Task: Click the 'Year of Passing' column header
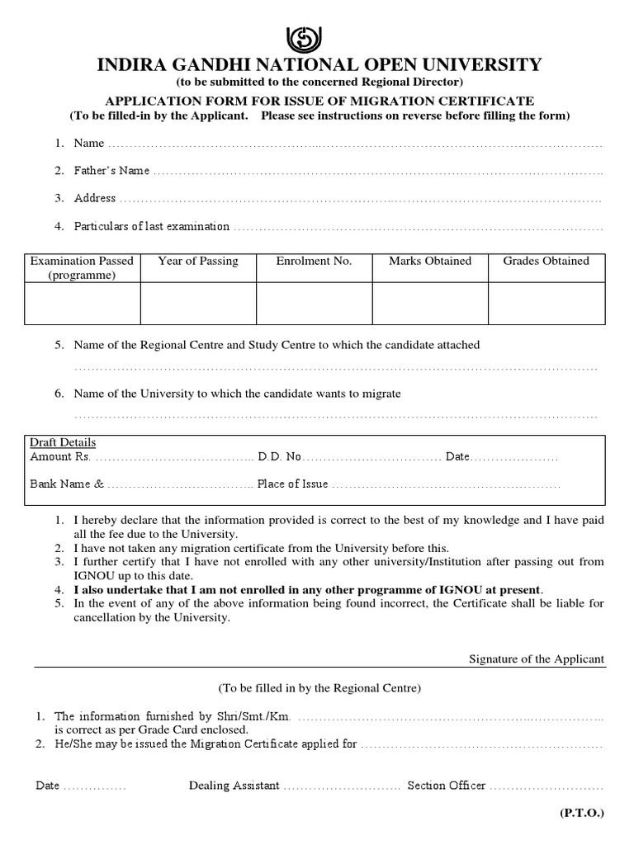[197, 261]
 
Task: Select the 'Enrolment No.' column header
[314, 261]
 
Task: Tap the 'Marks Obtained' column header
[430, 261]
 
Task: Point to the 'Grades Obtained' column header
[546, 261]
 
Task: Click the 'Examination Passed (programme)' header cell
[82, 267]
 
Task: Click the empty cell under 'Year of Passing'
[197, 303]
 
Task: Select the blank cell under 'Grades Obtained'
[546, 303]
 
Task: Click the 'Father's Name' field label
[111, 171]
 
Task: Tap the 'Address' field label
[95, 198]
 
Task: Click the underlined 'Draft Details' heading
[63, 442]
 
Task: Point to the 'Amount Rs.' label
[59, 456]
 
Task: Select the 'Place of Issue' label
[292, 484]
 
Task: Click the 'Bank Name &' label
[67, 484]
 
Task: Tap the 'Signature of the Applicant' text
[537, 659]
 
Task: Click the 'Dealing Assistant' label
[234, 786]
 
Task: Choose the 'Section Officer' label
[446, 786]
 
